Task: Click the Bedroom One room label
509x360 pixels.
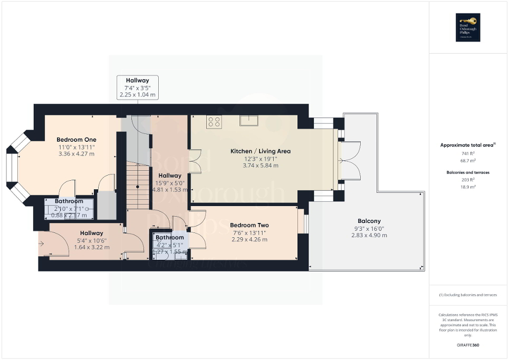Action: click(x=76, y=140)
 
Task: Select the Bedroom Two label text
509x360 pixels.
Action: click(x=249, y=225)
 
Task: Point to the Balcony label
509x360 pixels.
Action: click(x=369, y=221)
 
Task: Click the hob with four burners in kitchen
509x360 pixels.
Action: click(x=214, y=122)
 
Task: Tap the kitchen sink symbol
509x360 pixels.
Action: click(x=248, y=120)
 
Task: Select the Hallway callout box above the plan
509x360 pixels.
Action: click(x=137, y=87)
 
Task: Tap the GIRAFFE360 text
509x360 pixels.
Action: click(x=468, y=345)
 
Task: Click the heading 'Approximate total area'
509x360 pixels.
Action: click(x=467, y=144)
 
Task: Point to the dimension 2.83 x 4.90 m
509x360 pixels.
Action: click(x=369, y=235)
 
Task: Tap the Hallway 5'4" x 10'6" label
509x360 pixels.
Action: click(x=92, y=240)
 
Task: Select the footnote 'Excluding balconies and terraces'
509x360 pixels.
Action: click(x=468, y=295)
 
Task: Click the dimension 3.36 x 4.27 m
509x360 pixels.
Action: click(x=76, y=154)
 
